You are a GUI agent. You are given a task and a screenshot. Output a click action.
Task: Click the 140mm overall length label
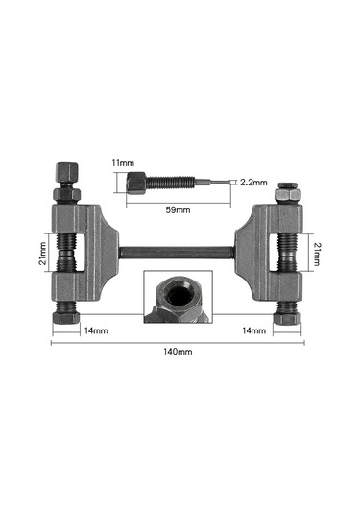pos(178,352)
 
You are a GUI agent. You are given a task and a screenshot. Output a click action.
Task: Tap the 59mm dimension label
pos(178,209)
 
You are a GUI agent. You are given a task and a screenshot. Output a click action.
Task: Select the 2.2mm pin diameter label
pos(253,183)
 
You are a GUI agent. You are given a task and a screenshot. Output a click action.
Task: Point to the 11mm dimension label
pos(123,163)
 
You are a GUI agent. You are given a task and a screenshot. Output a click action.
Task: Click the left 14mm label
pos(96,330)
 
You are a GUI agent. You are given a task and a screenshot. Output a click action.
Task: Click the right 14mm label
pos(253,330)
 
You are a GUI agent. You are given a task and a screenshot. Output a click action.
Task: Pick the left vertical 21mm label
pos(43,253)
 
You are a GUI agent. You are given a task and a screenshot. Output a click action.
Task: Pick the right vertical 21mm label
pos(317,254)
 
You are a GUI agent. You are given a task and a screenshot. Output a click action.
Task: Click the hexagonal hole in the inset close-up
pos(177,293)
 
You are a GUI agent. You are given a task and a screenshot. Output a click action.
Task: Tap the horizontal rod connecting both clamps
pos(177,253)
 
